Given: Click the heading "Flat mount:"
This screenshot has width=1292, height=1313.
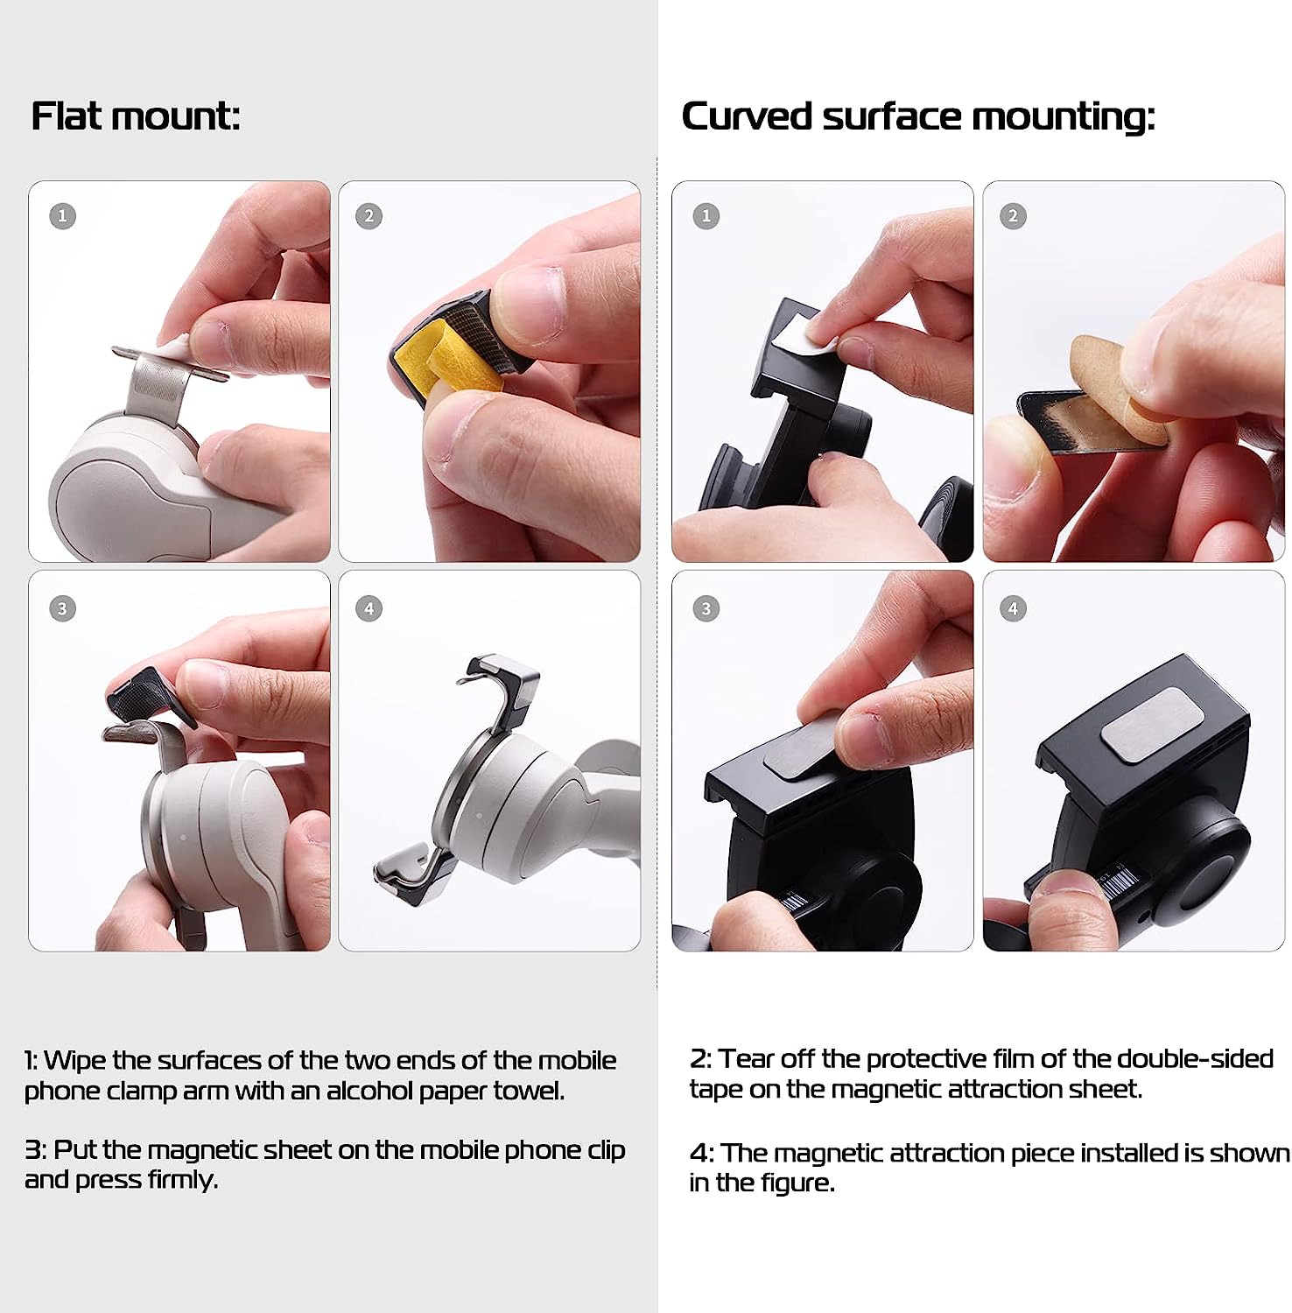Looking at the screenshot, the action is (136, 116).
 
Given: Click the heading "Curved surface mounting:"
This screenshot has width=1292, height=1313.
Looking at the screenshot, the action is (918, 117).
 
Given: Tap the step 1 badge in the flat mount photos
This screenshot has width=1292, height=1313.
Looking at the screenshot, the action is (62, 215).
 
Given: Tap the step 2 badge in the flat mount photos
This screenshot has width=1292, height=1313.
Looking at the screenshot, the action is (369, 215).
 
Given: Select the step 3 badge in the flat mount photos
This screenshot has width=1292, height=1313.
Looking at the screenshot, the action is (62, 608).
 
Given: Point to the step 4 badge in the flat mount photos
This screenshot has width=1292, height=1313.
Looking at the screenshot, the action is (369, 608).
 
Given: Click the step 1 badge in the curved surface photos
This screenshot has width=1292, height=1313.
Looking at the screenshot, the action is (706, 215).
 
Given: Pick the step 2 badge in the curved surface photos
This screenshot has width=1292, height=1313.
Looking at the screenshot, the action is (1013, 215).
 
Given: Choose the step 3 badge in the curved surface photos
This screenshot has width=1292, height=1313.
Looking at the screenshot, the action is (706, 608).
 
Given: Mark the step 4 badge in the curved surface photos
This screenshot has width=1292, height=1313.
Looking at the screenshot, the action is (1013, 608).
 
